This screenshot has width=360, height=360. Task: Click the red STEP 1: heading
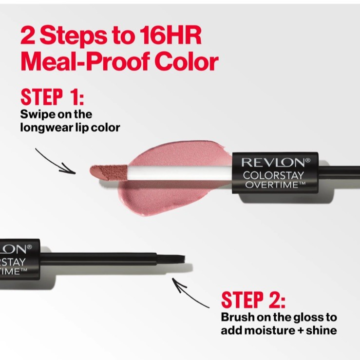(52, 97)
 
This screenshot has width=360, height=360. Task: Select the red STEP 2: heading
(253, 300)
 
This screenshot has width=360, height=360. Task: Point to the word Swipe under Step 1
(37, 114)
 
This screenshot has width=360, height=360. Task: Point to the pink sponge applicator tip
(108, 172)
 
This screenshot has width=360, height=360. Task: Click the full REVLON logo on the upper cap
(276, 163)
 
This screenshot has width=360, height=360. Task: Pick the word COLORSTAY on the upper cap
(273, 176)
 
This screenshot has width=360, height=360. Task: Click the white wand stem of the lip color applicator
(180, 173)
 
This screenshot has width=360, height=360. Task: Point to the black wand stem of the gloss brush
(98, 259)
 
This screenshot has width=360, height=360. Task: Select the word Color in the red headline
(187, 61)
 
